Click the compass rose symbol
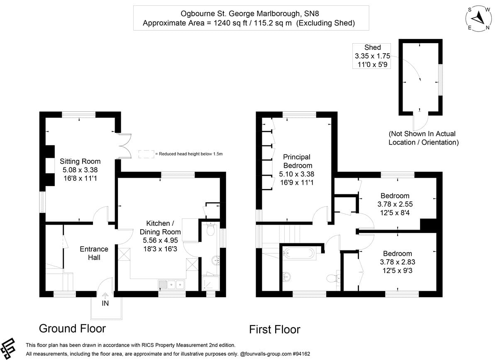pos(478,17)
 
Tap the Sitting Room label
pos(80,161)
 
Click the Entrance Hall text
pos(94,253)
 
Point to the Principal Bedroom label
pos(297,161)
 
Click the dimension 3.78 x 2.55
pos(395,204)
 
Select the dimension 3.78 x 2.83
pos(397,262)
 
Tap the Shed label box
pos(372,56)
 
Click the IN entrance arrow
pos(105,296)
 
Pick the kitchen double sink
pos(172,285)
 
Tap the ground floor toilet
pos(211,230)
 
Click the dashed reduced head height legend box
pos(146,154)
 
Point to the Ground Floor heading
pos(72,328)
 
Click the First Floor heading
pos(274,330)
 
